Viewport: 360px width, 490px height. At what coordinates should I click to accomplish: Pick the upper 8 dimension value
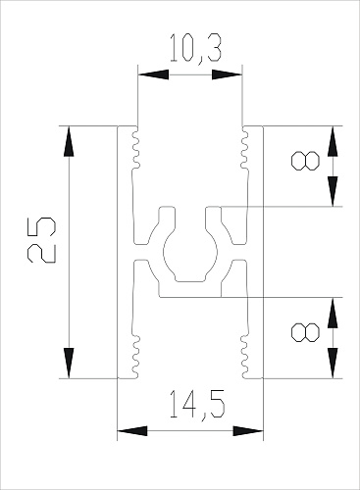click(306, 161)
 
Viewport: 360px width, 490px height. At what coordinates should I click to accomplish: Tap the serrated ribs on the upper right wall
click(241, 147)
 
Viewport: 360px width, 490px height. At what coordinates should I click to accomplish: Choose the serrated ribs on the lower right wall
click(241, 350)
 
